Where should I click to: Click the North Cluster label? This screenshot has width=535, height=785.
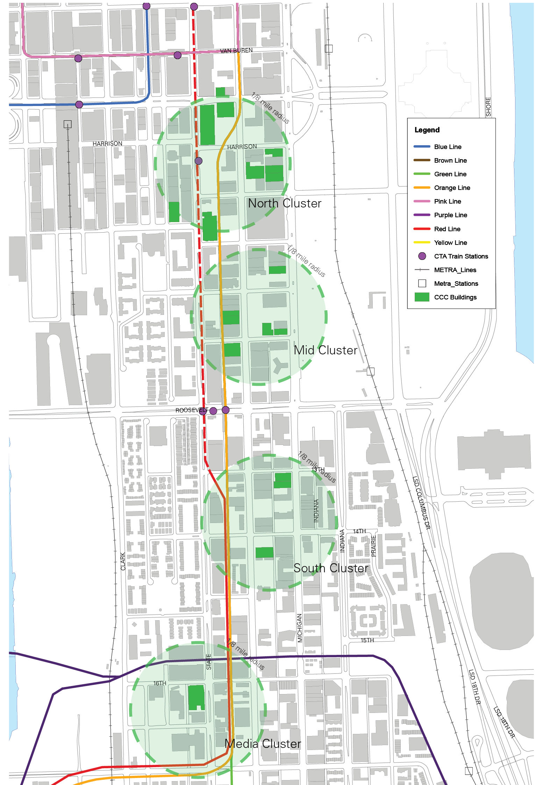284,203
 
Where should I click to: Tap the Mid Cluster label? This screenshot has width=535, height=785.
325,350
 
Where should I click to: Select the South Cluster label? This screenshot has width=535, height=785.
330,568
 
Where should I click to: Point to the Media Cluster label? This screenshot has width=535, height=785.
263,744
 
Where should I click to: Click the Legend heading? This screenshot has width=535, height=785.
427,130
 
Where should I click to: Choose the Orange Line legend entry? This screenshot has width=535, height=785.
452,188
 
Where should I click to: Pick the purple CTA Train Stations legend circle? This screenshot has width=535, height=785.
422,256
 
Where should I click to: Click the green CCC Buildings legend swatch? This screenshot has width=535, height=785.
422,297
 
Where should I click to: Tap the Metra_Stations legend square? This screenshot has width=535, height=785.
422,283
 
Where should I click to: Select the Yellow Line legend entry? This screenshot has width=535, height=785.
450,243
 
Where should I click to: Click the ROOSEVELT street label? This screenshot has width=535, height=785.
191,410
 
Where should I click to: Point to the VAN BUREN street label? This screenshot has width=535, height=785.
236,51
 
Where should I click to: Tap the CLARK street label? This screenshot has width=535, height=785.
123,561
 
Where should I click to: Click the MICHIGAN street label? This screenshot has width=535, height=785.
300,628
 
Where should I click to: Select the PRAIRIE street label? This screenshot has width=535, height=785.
373,546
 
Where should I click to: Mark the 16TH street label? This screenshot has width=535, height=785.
160,683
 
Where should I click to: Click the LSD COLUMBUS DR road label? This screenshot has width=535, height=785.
421,502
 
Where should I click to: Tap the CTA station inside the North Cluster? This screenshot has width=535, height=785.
199,161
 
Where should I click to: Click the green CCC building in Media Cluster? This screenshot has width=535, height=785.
196,697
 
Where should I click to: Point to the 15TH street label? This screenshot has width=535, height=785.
367,640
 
